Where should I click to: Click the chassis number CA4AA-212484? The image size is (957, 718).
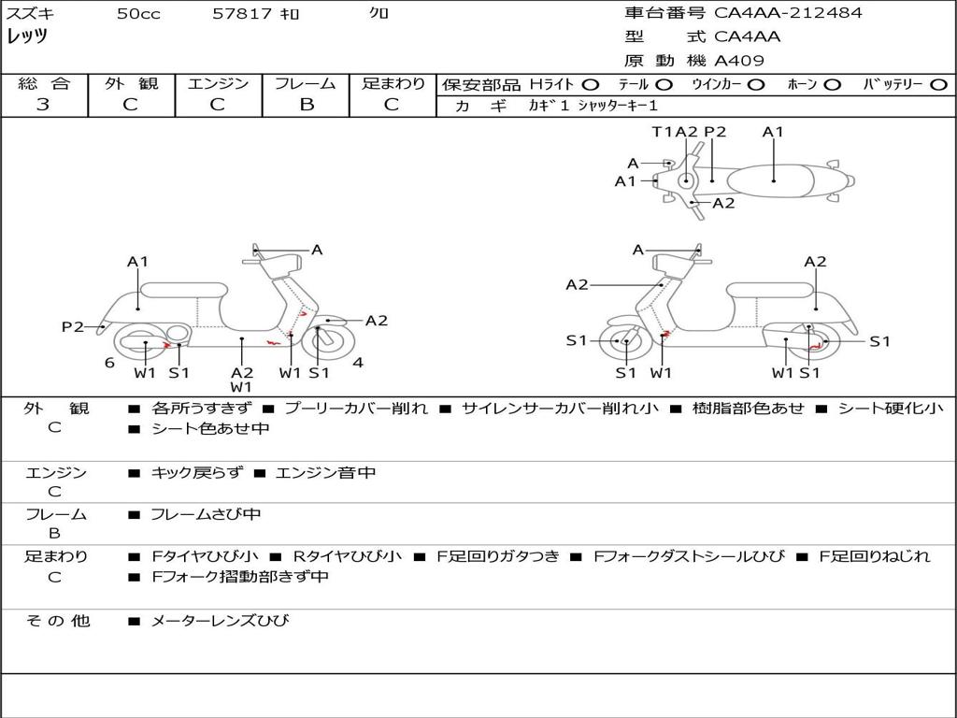[788, 12]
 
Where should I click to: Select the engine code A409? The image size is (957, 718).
[738, 61]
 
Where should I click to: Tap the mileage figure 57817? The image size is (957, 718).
[242, 13]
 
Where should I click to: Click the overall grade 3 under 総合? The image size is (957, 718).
[43, 105]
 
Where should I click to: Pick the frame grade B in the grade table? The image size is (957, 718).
[307, 105]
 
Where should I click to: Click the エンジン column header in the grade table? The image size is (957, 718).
[218, 83]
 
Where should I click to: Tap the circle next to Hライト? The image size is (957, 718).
[591, 85]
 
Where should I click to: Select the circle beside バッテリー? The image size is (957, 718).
[939, 85]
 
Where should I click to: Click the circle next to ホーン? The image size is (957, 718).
[832, 85]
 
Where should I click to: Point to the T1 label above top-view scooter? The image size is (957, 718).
[662, 131]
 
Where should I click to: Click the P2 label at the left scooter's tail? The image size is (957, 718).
[72, 326]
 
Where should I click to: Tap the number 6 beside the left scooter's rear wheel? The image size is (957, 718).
[109, 363]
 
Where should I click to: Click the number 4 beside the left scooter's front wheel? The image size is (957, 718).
[358, 363]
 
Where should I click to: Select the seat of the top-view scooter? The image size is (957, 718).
[770, 181]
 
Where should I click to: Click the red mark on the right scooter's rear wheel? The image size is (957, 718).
[814, 347]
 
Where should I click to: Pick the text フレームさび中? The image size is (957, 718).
[206, 515]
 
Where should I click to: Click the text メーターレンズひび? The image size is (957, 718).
[220, 621]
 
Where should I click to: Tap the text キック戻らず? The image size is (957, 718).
[196, 472]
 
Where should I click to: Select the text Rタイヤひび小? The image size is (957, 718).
[348, 556]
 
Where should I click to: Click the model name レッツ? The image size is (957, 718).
[27, 36]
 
